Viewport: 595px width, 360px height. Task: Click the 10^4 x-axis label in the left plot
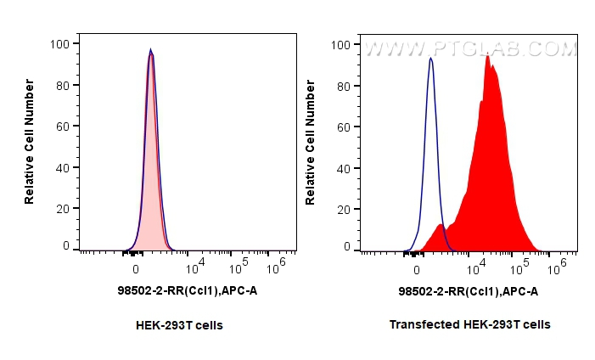195,267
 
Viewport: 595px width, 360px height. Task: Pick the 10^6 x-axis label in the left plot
276,267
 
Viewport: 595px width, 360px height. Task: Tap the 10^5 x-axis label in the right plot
516,267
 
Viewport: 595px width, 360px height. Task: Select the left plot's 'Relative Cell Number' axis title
30,141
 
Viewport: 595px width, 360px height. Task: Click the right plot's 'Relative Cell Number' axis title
311,141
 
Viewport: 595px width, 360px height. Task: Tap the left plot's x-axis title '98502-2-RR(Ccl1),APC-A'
188,291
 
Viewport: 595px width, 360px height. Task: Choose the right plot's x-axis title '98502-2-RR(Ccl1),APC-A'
468,291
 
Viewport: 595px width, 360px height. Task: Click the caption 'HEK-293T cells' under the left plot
179,324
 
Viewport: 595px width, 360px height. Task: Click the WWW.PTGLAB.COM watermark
469,49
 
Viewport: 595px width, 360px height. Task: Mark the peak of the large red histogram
487,57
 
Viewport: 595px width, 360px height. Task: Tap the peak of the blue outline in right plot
431,59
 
